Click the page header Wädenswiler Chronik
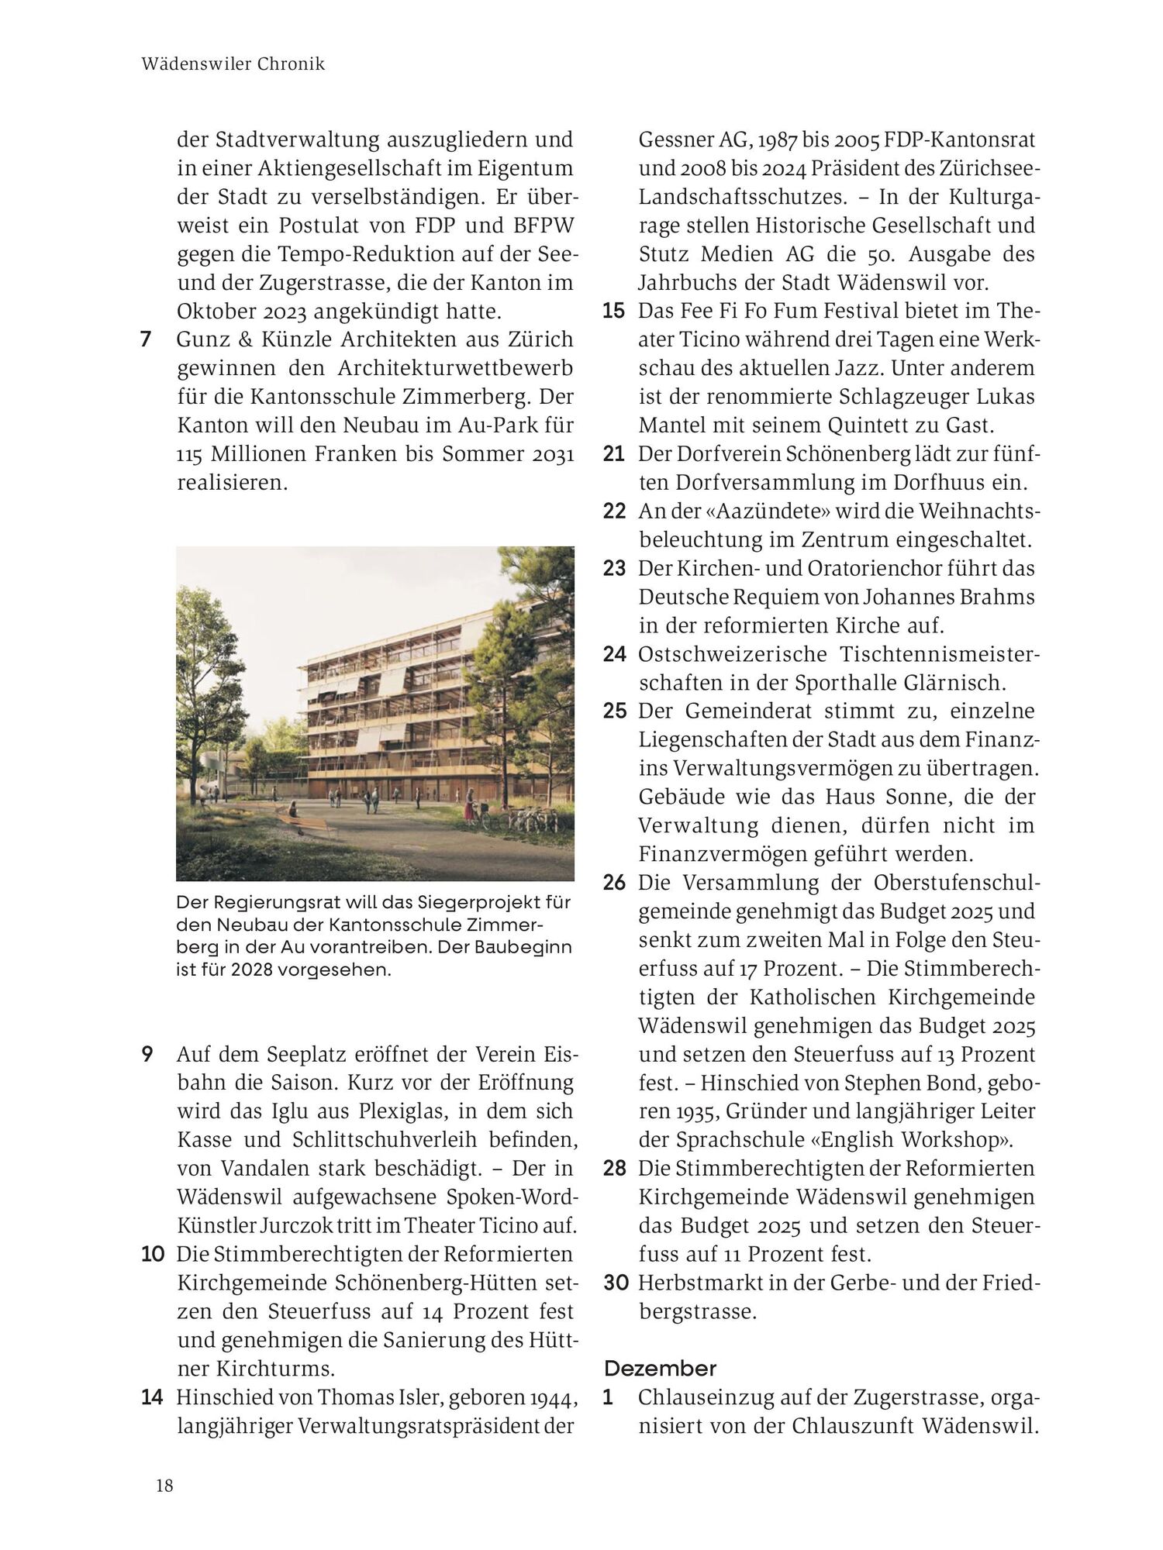point(233,64)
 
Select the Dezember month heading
point(660,1368)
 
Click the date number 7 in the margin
point(146,339)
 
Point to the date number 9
point(147,1055)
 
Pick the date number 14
point(152,1397)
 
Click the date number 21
point(614,454)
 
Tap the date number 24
point(615,654)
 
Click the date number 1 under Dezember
point(609,1397)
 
